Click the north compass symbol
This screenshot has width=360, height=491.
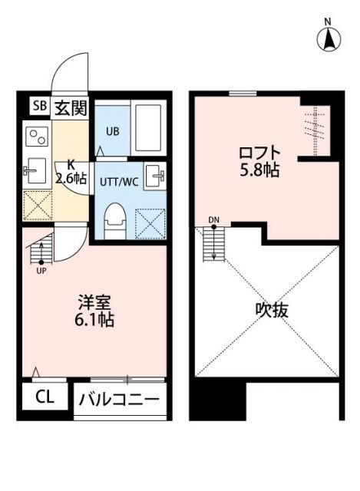click(328, 37)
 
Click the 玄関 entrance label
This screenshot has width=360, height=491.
click(70, 107)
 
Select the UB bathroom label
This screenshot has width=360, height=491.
click(112, 130)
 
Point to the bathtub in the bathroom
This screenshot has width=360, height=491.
click(149, 128)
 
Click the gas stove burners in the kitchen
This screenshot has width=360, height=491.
click(37, 137)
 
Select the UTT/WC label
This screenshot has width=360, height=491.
click(118, 181)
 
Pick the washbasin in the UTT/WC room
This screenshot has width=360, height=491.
click(156, 175)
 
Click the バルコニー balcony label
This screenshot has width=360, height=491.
click(121, 400)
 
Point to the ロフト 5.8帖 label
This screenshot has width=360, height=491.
click(257, 160)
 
